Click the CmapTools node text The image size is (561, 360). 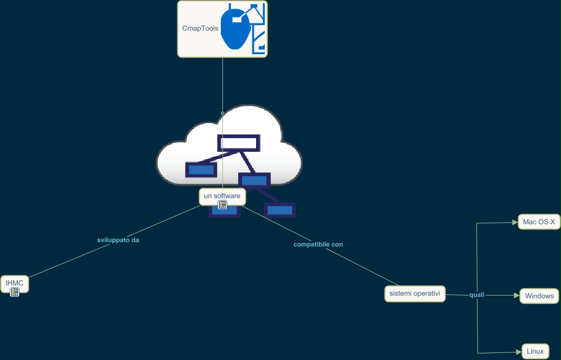point(200,28)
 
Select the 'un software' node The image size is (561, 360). point(222,196)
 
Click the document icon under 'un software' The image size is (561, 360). point(222,204)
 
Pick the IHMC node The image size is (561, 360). point(14,283)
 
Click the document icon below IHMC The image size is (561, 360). point(15,292)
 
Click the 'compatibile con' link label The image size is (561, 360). point(318,245)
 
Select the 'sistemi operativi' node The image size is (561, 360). point(415,294)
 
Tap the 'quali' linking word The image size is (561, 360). point(477,295)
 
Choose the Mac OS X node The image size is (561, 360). point(539,222)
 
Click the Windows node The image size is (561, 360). point(539,296)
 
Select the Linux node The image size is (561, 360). point(535,351)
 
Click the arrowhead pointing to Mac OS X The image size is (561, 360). point(515,222)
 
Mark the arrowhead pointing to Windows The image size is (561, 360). point(516,295)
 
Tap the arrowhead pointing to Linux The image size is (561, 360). point(518,352)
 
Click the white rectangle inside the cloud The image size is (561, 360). point(239,143)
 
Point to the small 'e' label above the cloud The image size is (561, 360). point(222,113)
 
